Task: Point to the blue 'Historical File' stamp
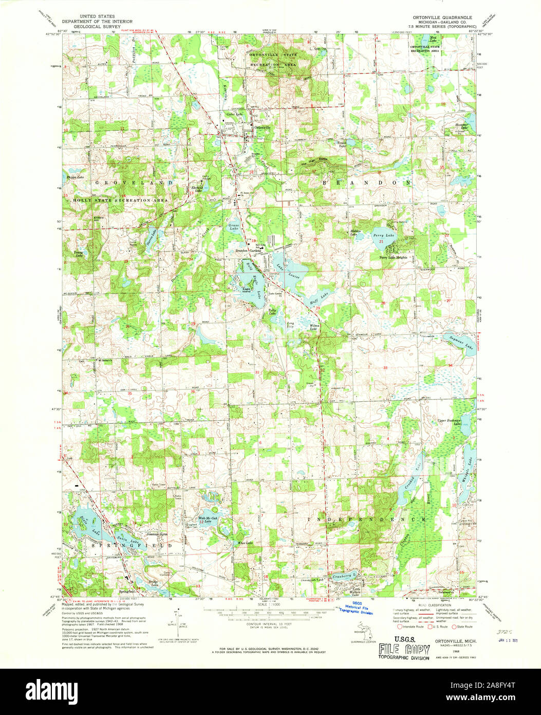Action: (357, 609)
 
